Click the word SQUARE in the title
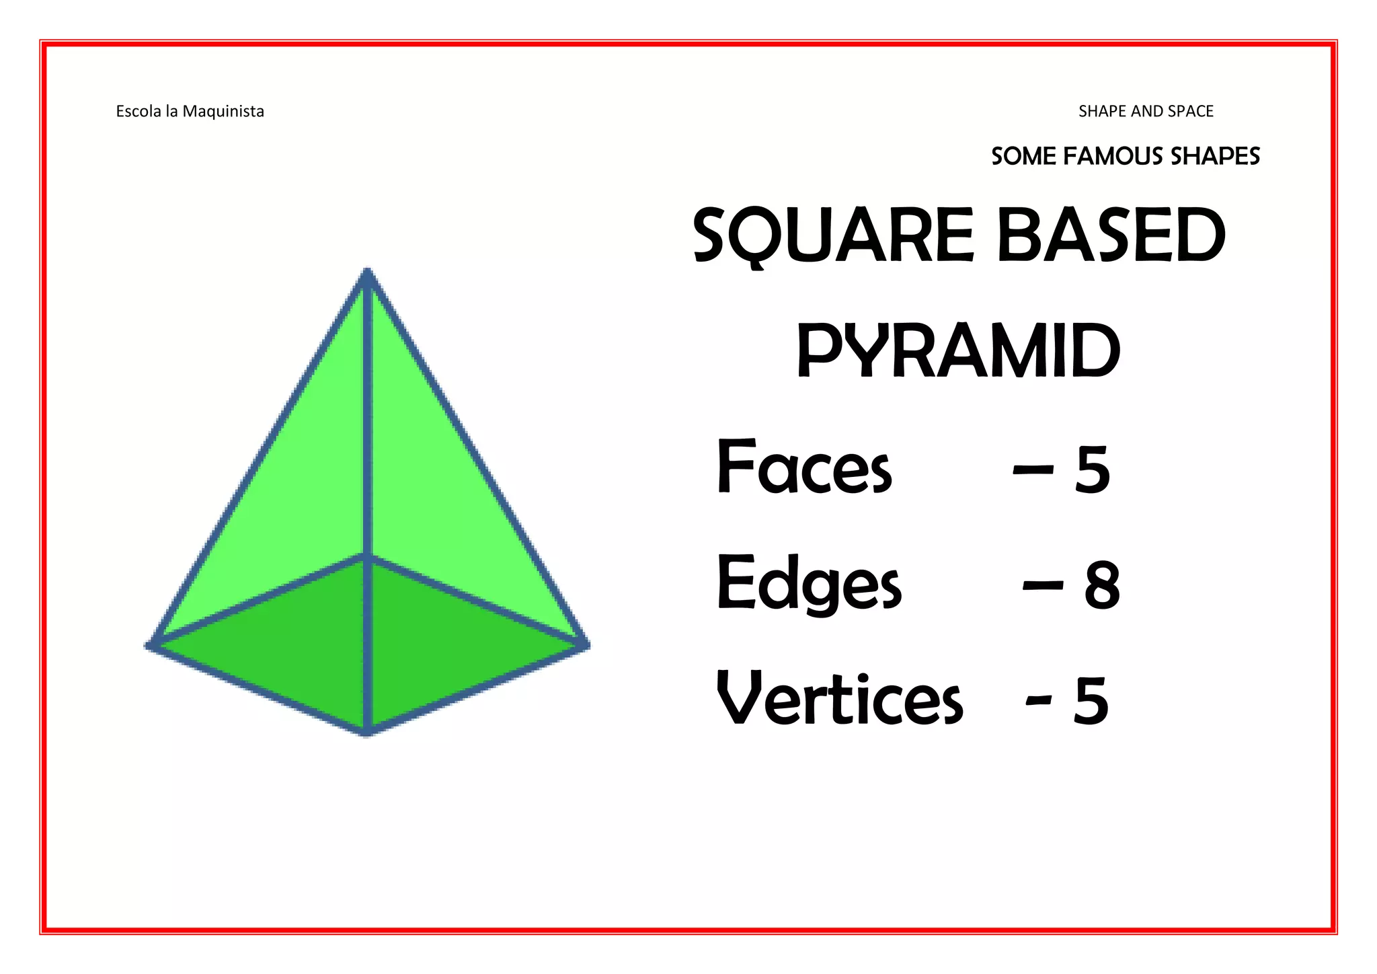coord(833,235)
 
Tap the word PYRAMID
coord(959,351)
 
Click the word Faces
coord(804,467)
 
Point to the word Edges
coord(809,584)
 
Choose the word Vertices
coord(839,700)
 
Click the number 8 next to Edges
coord(1102,586)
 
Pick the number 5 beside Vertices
coord(1091,702)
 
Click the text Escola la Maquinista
coord(190,111)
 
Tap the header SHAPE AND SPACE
coord(1146,111)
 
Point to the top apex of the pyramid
coord(367,272)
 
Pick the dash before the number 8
coord(1042,586)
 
